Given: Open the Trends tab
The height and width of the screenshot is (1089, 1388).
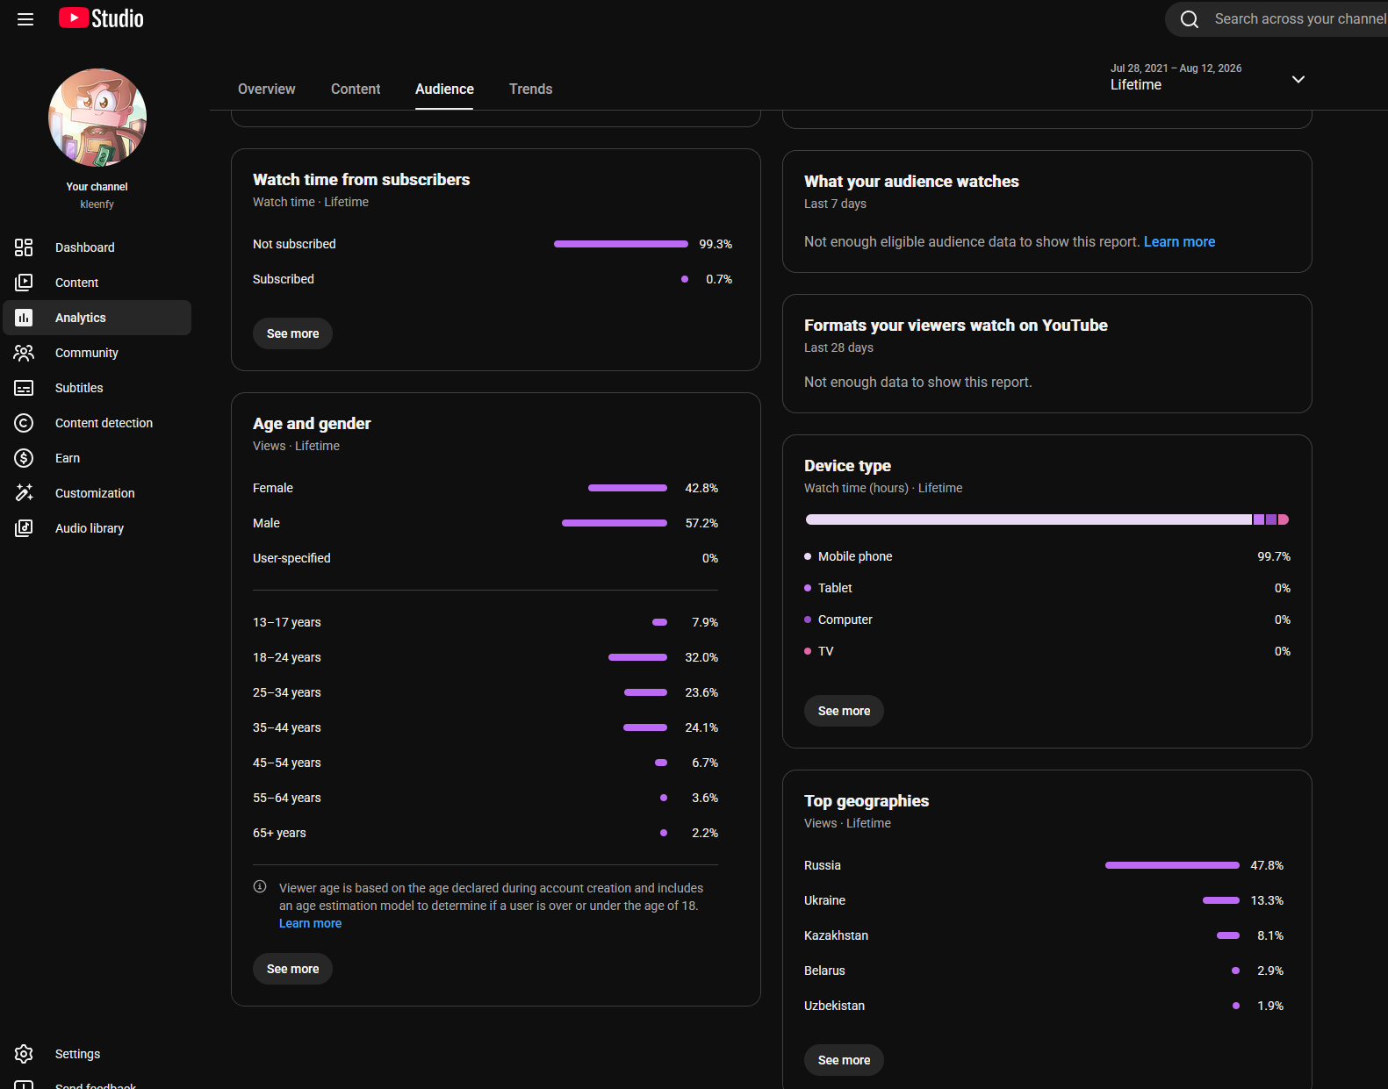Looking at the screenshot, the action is pyautogui.click(x=530, y=89).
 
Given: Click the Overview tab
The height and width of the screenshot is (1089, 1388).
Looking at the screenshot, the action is pyautogui.click(x=266, y=89).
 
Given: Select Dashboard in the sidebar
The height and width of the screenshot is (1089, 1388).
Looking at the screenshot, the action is pyautogui.click(x=84, y=247).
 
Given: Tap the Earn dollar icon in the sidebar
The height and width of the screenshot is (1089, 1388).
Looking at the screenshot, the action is pyautogui.click(x=24, y=458).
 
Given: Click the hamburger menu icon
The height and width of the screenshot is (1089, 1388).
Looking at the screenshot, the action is pyautogui.click(x=25, y=19).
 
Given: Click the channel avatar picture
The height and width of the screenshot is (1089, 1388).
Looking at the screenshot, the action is pyautogui.click(x=97, y=118).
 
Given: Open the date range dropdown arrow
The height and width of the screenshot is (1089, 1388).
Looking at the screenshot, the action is pyautogui.click(x=1298, y=79).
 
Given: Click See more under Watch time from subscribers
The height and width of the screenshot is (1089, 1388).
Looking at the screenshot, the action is pyautogui.click(x=292, y=333).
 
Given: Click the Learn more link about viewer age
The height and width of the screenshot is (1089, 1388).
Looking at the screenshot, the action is pyautogui.click(x=310, y=923).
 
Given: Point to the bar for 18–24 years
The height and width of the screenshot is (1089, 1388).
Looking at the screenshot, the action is pyautogui.click(x=637, y=657).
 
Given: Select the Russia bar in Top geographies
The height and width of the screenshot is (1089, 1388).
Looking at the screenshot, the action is pyautogui.click(x=1172, y=865).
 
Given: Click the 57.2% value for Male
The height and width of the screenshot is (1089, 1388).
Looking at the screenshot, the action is pyautogui.click(x=701, y=523).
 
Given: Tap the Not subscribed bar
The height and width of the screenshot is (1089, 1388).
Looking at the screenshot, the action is pyautogui.click(x=621, y=244).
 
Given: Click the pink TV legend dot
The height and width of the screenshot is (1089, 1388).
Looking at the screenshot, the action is pyautogui.click(x=808, y=651).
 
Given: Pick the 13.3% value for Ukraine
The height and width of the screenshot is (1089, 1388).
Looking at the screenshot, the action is pyautogui.click(x=1267, y=900).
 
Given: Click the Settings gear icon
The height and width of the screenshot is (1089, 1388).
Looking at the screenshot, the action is pyautogui.click(x=24, y=1053).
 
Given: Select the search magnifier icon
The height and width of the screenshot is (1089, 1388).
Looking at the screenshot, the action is pyautogui.click(x=1189, y=19).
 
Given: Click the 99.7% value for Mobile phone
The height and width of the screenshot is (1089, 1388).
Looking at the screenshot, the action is pyautogui.click(x=1274, y=556).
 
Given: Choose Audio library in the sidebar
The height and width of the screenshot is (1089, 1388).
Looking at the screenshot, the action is pyautogui.click(x=89, y=528).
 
